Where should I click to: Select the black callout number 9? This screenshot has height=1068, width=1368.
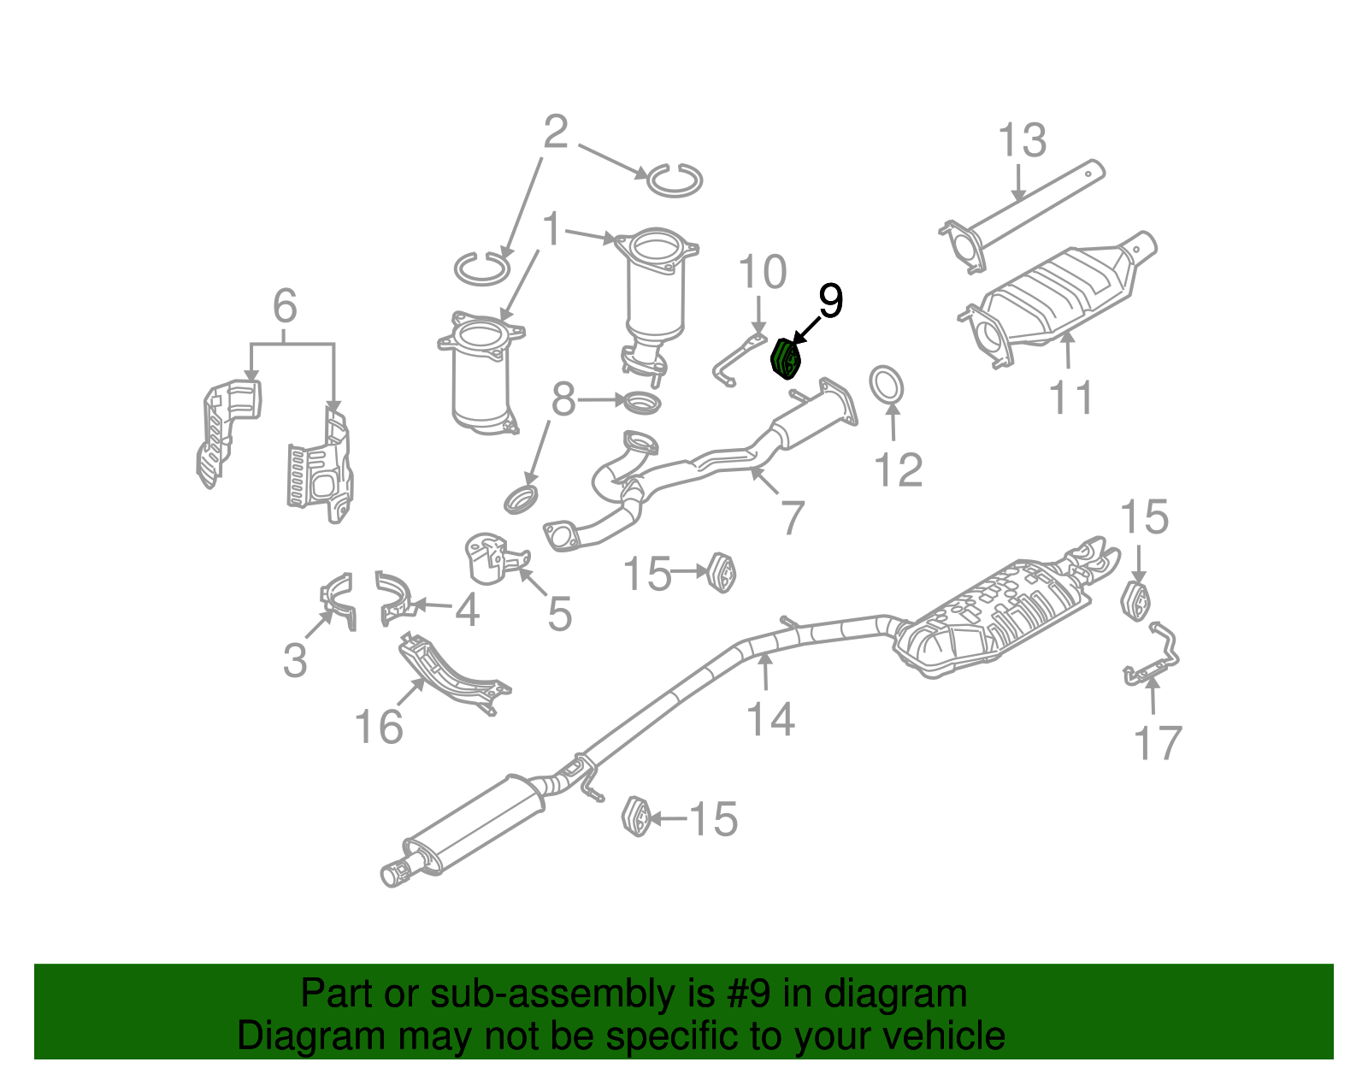[829, 301]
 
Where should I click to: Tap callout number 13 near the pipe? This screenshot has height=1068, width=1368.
[1022, 141]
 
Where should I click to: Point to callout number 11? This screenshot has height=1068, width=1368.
[1070, 398]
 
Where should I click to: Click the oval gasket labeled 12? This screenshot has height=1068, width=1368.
[887, 385]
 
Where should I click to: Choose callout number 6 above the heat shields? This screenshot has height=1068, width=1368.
[285, 306]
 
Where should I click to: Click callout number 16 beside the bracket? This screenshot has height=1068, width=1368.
[379, 728]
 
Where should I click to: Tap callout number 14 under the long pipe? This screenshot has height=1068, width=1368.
[770, 718]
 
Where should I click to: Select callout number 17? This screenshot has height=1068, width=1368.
[1158, 743]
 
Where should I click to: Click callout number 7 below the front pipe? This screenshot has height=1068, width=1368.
[793, 517]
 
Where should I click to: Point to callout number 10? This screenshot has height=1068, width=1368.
[762, 273]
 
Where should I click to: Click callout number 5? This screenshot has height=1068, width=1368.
[559, 614]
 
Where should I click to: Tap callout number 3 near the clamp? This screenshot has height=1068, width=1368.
[295, 660]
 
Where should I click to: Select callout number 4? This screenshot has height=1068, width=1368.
[467, 610]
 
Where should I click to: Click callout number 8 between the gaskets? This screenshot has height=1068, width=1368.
[563, 399]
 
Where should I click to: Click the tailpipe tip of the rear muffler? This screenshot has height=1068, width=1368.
[395, 874]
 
